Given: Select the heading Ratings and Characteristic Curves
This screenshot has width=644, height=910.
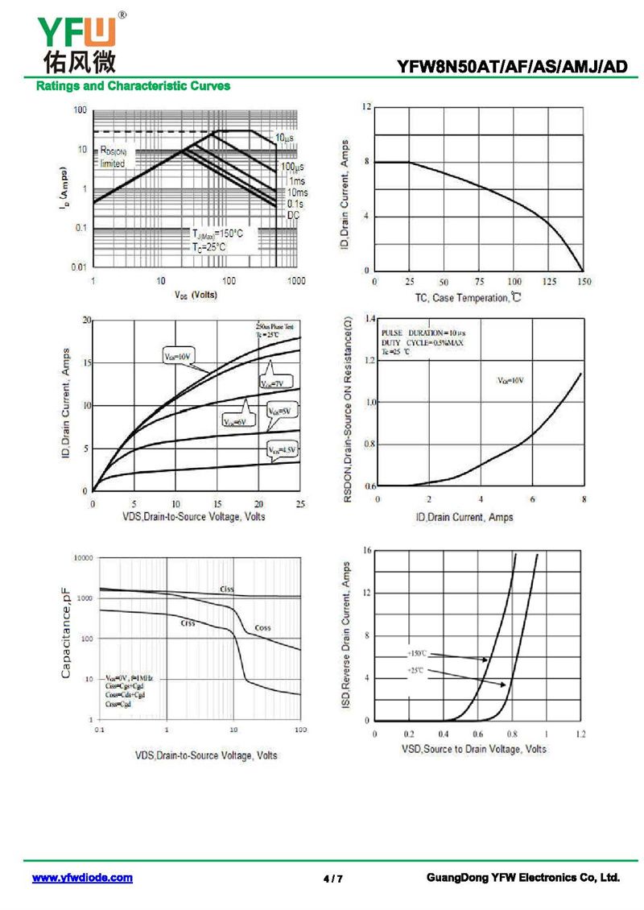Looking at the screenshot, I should [x=133, y=86].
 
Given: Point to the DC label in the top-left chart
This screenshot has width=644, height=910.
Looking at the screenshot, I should [x=294, y=215].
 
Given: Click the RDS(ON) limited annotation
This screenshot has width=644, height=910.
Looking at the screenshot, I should [x=113, y=157].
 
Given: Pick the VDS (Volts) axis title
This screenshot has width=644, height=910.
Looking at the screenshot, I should [x=196, y=295].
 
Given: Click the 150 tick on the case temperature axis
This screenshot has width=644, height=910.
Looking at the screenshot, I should [x=584, y=283].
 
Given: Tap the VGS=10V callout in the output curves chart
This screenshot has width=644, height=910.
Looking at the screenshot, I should [x=178, y=356].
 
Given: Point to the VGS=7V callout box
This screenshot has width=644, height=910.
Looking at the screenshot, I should [x=276, y=384].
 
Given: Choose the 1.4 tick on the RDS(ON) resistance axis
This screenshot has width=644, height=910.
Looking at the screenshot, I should [x=369, y=320].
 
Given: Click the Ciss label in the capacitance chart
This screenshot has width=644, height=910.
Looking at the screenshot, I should [x=227, y=589].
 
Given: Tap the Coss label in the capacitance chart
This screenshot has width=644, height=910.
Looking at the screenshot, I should [x=263, y=627].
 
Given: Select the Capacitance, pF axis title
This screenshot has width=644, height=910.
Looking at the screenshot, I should [x=68, y=632].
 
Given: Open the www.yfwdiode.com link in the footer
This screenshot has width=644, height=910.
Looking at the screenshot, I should [x=82, y=878].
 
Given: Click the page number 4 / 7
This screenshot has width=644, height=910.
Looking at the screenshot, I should [x=332, y=879].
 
